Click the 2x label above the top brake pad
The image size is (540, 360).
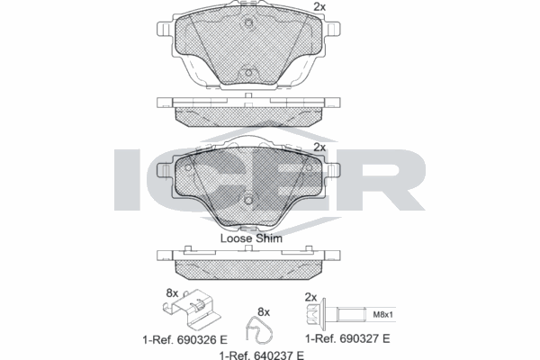pos(318,7)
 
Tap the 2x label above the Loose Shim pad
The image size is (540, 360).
pos(318,147)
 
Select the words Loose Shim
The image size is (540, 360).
pos(251,238)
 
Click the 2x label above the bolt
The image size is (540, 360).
pos(311,297)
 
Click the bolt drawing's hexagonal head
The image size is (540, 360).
pos(317,316)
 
